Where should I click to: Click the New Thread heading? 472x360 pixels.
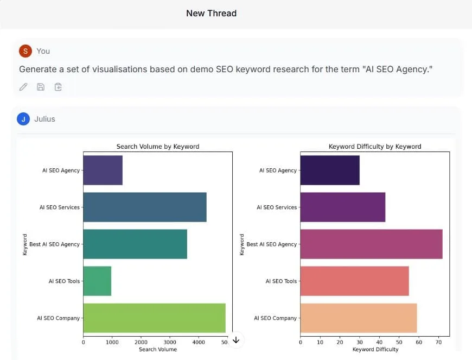tap(211, 14)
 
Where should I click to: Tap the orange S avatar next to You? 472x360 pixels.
tap(25, 51)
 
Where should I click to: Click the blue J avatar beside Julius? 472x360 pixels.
tap(23, 119)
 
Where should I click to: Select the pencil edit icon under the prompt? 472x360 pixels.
tap(23, 87)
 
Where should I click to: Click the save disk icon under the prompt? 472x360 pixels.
tap(41, 87)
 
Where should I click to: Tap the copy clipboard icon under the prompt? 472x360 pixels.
tap(58, 87)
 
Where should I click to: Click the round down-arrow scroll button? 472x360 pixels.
tap(235, 340)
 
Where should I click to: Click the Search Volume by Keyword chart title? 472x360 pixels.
tap(158, 147)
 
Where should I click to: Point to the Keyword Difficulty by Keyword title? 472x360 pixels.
tap(375, 147)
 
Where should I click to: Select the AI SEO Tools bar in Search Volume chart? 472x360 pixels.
tap(97, 281)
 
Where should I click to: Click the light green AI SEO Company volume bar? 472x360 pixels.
tap(154, 318)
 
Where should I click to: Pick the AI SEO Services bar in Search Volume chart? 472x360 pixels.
tap(145, 207)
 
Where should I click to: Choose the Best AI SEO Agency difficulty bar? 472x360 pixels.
tap(371, 244)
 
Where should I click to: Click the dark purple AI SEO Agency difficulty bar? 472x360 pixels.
tap(330, 170)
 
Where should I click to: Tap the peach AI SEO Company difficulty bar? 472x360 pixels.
tap(359, 318)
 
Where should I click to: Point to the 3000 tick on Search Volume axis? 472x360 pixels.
tap(170, 342)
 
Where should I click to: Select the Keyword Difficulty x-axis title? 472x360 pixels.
tap(375, 349)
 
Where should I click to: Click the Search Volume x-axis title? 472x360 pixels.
tap(158, 349)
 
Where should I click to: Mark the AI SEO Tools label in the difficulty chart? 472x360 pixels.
tap(281, 281)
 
